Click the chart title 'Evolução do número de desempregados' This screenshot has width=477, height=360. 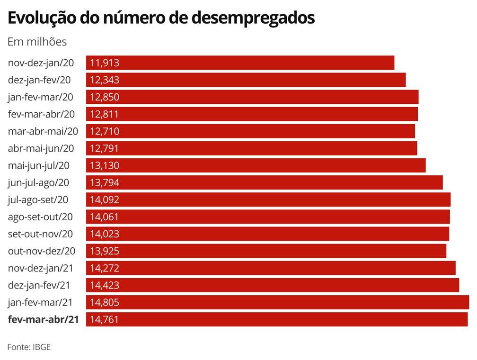(161, 18)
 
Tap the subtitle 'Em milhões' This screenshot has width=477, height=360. (37, 42)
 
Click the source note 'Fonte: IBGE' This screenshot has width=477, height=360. (29, 347)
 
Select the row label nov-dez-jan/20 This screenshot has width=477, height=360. (41, 63)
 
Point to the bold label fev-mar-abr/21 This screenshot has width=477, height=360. (44, 319)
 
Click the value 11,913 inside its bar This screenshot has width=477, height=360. (104, 63)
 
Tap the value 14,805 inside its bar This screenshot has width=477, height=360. (104, 302)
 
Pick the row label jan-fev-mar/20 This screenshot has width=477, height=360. (41, 97)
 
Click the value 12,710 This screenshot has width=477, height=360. (104, 131)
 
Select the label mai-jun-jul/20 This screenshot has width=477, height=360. (39, 165)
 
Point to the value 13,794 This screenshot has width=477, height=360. (104, 182)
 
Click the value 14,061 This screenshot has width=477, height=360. (104, 217)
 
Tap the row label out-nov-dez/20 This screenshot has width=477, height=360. (41, 251)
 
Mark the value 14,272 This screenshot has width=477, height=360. (104, 268)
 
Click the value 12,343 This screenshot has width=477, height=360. (104, 80)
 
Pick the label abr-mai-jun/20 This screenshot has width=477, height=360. (41, 148)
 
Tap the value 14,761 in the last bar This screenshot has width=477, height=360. (104, 319)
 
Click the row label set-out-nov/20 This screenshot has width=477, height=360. (41, 234)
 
